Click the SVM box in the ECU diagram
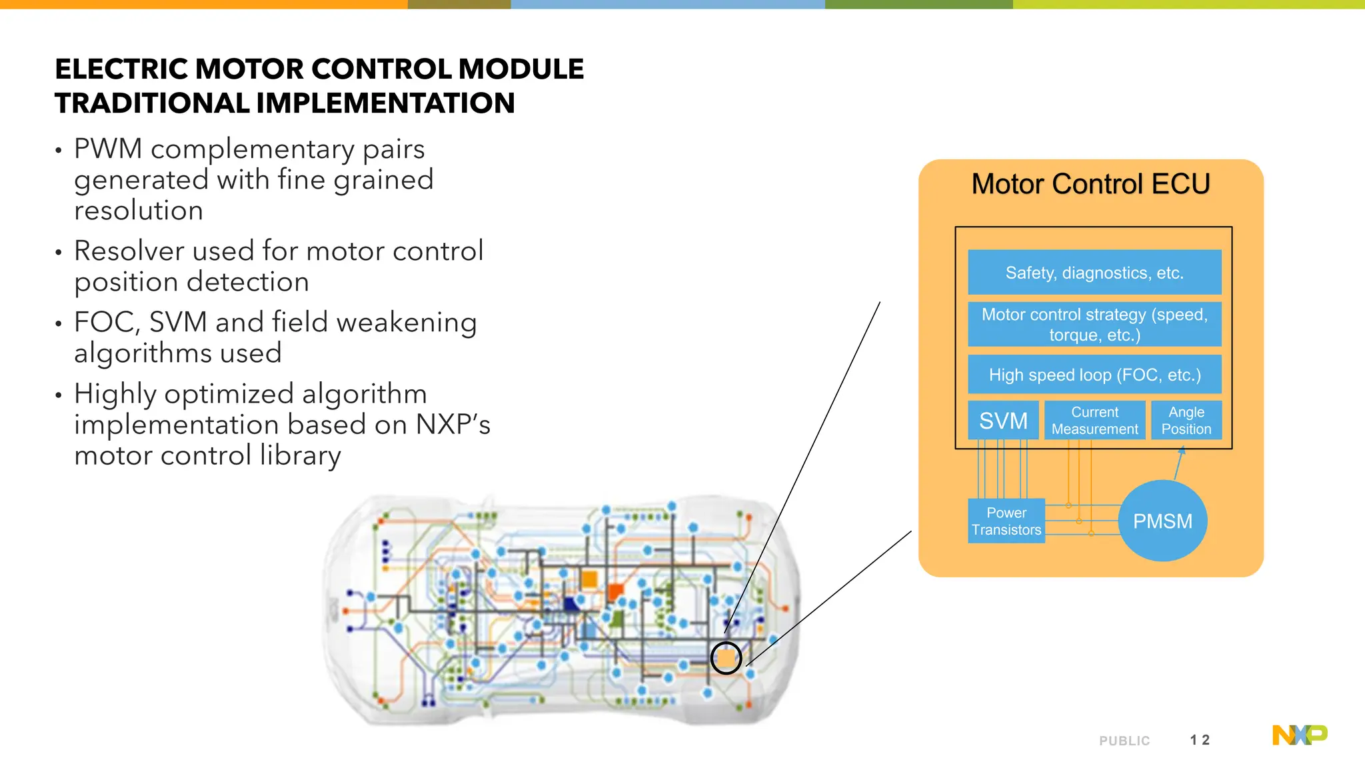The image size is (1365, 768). coord(1003,421)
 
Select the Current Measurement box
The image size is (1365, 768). coord(1094,421)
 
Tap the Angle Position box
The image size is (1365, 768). coord(1186,421)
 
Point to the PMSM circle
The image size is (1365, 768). coord(1163,521)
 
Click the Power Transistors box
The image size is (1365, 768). coord(1006,521)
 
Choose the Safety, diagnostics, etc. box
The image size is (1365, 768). coord(1094,273)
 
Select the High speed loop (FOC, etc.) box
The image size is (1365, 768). coord(1094,375)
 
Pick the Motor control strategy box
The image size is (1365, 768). coord(1094,324)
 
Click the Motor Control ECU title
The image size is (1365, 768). coord(1090,184)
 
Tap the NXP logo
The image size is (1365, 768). coord(1300,735)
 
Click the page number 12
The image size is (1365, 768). coord(1200,740)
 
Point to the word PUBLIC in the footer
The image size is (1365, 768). coord(1124,741)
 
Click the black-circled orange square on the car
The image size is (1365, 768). coord(726,659)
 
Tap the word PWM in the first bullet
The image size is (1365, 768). coord(108,149)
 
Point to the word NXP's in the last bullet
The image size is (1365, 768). coord(453,425)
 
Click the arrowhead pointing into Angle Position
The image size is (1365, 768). coord(1181,451)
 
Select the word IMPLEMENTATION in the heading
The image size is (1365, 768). coord(385,103)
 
